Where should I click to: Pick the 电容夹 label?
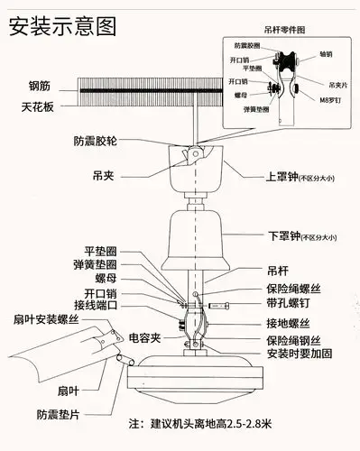pyautogui.click(x=144, y=338)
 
